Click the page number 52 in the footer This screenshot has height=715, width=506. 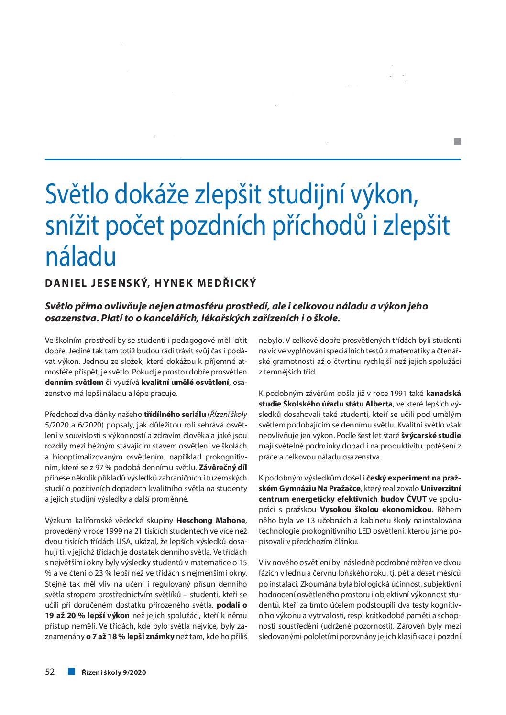tap(50, 672)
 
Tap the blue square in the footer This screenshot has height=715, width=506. tap(72, 672)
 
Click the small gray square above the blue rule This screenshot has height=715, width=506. tap(457, 141)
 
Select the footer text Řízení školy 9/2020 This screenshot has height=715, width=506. tap(114, 672)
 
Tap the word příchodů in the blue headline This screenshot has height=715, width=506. tap(319, 225)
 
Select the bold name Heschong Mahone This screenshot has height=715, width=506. tap(211, 520)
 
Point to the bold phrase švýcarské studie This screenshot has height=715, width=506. tap(431, 435)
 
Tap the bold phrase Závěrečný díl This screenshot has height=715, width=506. tap(222, 467)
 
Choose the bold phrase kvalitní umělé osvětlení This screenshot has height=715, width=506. tap(186, 383)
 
